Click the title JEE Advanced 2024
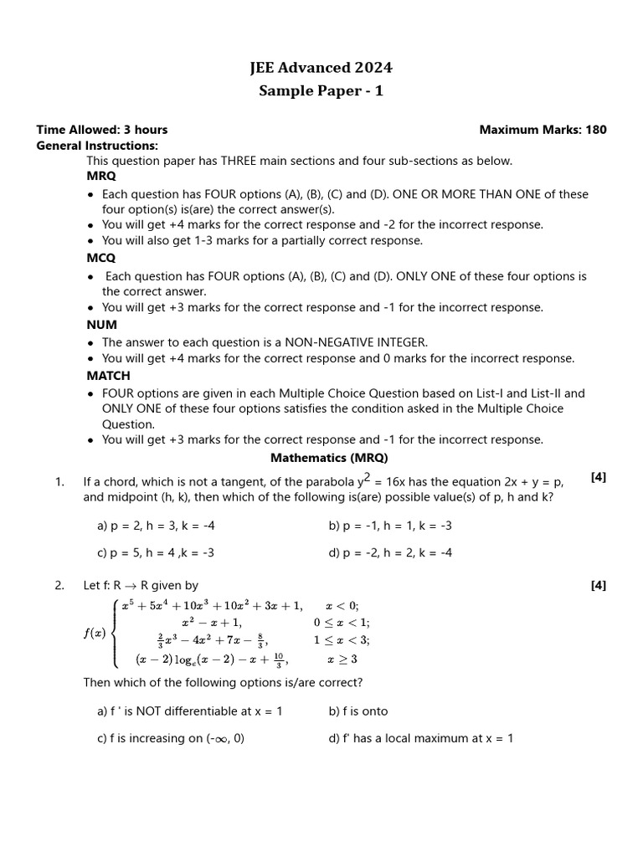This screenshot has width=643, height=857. pos(321,68)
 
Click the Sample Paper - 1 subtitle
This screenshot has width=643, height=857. pos(321,91)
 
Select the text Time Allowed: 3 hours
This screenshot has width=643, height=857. pos(101,130)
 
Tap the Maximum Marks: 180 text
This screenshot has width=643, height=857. pos(543,130)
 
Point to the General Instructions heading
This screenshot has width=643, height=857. pos(97,146)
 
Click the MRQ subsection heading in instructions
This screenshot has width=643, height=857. pos(101,177)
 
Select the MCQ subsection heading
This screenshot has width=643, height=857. pos(101,259)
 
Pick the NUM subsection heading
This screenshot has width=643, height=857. pos(102,325)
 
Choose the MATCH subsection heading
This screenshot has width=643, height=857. pos(109,377)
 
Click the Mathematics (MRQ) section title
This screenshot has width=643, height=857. pos(329,459)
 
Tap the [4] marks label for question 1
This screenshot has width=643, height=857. pos(598,477)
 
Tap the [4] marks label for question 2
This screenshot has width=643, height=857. pos(598,586)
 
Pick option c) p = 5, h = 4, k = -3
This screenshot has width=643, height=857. pos(156,553)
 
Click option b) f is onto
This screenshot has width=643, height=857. pos(358,711)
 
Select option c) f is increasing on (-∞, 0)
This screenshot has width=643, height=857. pos(171,738)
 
